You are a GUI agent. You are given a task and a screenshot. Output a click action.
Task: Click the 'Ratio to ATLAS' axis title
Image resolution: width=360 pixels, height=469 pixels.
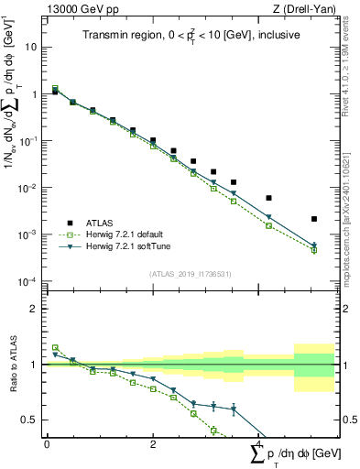tap(11, 365)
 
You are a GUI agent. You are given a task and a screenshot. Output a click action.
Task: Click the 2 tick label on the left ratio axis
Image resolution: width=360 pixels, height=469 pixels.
tap(34, 309)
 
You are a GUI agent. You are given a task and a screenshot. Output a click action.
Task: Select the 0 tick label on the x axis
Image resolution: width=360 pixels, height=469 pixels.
tap(47, 443)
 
